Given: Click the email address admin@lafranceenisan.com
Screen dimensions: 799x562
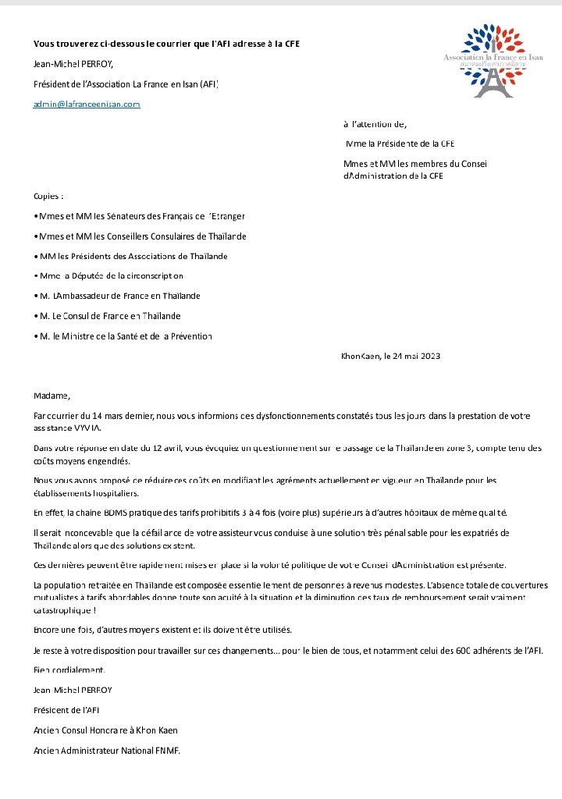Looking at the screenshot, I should (x=87, y=104).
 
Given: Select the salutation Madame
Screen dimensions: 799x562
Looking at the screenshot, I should (x=52, y=395).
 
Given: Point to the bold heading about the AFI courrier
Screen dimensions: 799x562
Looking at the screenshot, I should (x=166, y=44).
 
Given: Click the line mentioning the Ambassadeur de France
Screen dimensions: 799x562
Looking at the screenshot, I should (x=117, y=296).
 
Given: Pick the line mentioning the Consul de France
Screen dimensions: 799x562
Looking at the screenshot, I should (x=107, y=316).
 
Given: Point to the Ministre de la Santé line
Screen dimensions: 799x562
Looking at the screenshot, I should (x=123, y=336).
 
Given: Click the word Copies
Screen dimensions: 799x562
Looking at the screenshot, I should (x=48, y=196).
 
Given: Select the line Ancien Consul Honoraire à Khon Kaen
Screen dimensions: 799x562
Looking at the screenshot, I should (x=105, y=730).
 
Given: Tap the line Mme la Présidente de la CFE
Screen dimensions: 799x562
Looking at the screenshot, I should (x=400, y=144).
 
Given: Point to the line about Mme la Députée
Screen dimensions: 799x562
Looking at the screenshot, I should (x=109, y=275).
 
